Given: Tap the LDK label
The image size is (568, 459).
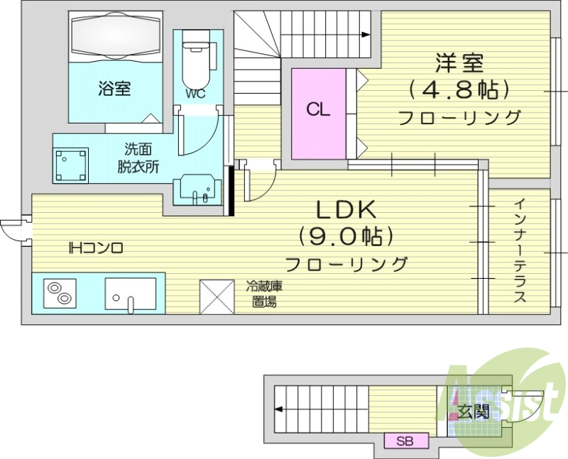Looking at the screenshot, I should pyautogui.click(x=345, y=209).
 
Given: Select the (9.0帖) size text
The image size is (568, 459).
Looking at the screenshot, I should pyautogui.click(x=346, y=236).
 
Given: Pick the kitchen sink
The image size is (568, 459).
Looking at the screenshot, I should pyautogui.click(x=131, y=294).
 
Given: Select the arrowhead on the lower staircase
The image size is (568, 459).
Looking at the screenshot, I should pyautogui.click(x=279, y=409).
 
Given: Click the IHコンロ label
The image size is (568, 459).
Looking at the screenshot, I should pyautogui.click(x=97, y=248).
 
